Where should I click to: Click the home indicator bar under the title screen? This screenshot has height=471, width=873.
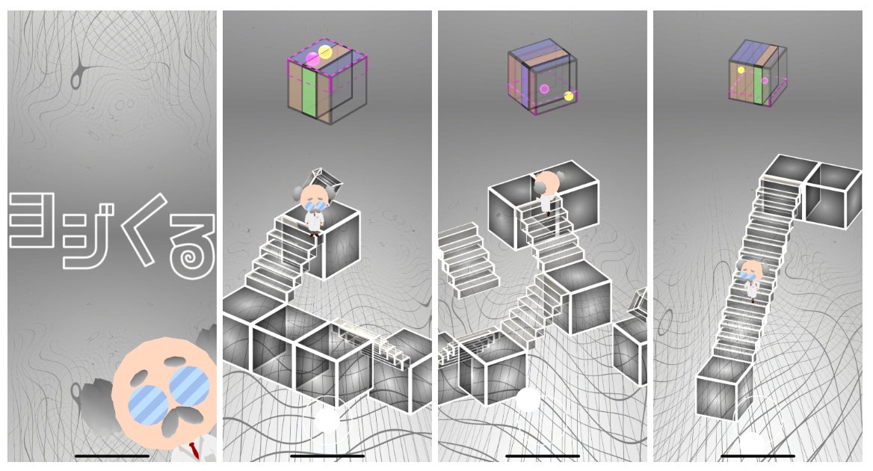pyautogui.click(x=112, y=456)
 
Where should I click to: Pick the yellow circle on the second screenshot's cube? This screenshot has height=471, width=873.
pyautogui.click(x=325, y=52)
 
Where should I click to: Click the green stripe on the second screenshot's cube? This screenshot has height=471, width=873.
pyautogui.click(x=309, y=92)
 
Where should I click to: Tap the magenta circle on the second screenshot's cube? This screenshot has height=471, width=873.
pyautogui.click(x=312, y=60)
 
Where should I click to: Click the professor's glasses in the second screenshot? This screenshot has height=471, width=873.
pyautogui.click(x=314, y=206)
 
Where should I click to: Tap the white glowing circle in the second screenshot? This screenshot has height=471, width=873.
pyautogui.click(x=327, y=419)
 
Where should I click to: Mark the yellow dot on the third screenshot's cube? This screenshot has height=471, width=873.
pyautogui.click(x=569, y=96)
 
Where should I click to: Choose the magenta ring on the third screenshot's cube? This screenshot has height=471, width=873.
pyautogui.click(x=544, y=88)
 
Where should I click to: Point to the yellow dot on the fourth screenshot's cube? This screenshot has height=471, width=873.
pyautogui.click(x=741, y=70)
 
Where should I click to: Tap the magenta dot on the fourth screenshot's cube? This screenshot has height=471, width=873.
pyautogui.click(x=765, y=81)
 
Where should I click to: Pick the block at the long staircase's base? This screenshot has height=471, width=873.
pyautogui.click(x=724, y=389)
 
